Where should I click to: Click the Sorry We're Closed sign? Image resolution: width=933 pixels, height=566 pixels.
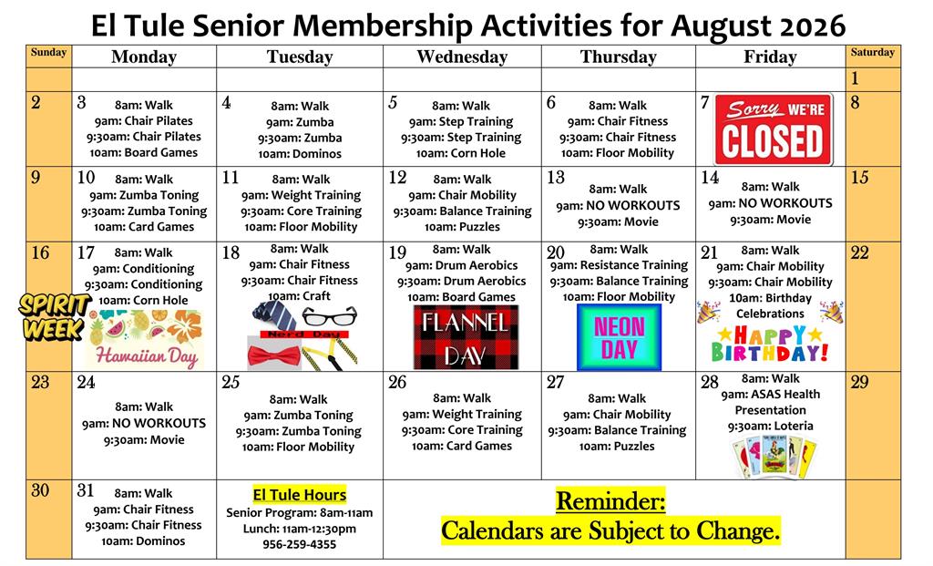774,129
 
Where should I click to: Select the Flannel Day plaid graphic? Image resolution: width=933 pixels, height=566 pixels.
466,337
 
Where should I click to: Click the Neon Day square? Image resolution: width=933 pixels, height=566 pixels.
619,337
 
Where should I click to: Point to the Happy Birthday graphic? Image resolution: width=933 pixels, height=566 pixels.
770,344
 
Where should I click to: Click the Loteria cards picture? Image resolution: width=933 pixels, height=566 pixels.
774,458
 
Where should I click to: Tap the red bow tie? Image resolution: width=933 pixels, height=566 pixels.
274,356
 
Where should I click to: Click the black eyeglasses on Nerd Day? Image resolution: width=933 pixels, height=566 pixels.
329,315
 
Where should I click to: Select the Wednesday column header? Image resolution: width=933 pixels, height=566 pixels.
462,57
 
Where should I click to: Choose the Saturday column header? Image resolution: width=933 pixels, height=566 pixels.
872,52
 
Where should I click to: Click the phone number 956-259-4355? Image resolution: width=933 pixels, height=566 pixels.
299,544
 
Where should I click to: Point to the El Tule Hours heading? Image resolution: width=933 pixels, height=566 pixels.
299,495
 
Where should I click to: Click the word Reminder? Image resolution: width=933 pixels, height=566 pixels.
610,501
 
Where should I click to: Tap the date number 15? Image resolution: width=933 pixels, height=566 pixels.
860,178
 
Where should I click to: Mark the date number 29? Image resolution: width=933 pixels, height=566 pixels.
860,382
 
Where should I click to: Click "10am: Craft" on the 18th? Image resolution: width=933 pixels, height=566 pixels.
299,296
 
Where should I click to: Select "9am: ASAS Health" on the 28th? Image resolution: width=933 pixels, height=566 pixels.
771,394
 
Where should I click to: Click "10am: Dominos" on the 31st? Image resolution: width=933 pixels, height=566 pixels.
143,541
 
